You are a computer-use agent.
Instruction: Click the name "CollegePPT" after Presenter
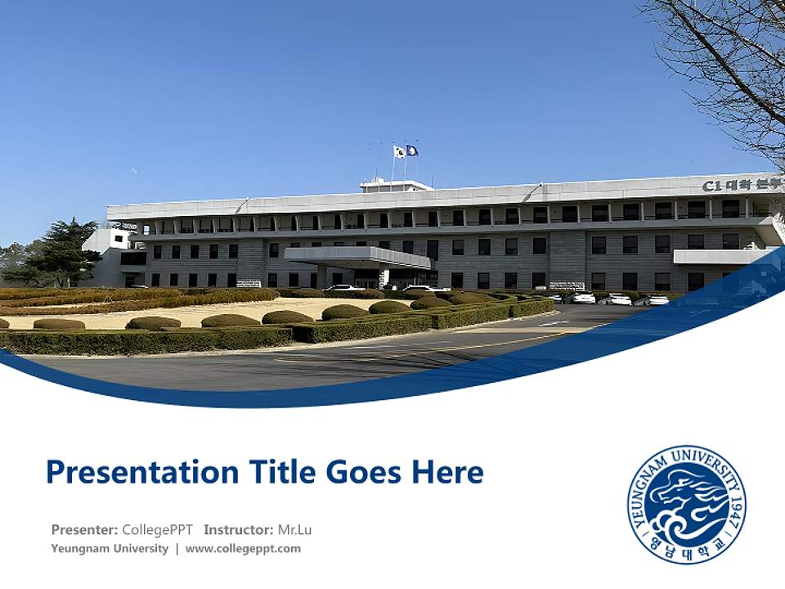pos(157,529)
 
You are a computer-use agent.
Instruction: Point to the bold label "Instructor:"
pos(238,529)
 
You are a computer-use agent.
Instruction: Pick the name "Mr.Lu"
pos(294,529)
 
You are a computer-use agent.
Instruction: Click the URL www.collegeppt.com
pos(243,549)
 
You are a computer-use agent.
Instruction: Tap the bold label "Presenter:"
pos(84,529)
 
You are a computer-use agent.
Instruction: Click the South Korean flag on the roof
pos(399,151)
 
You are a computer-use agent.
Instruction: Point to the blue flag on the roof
pos(412,151)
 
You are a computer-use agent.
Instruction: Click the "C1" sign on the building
pos(711,186)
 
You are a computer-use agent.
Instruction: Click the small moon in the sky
pos(133,172)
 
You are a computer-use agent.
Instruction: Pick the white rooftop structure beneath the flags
pos(396,187)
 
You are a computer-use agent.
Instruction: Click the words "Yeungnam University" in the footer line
pos(110,549)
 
